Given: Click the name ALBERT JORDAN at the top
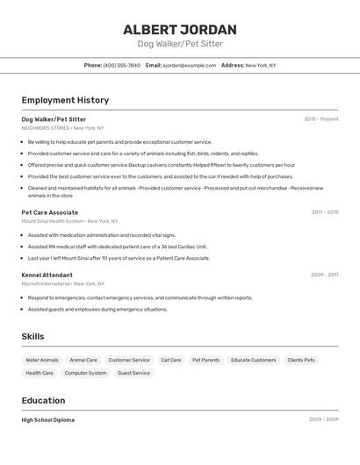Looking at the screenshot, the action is [x=180, y=29].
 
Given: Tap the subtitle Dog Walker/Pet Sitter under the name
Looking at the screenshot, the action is [x=180, y=44].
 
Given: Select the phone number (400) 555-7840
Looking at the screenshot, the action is [x=122, y=65].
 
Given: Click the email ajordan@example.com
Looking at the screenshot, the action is [x=189, y=65].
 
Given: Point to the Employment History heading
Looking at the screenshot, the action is [x=65, y=100].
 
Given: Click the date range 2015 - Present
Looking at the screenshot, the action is [x=321, y=118].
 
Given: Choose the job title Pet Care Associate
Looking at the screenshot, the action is [x=50, y=212].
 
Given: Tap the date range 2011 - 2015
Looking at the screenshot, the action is [x=325, y=212].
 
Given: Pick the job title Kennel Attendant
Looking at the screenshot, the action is [x=47, y=275].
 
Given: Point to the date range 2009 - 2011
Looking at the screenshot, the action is [x=325, y=275].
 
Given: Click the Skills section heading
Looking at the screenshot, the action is [x=32, y=336].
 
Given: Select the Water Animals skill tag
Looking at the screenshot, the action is [x=42, y=360].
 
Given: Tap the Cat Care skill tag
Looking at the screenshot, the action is [x=170, y=360].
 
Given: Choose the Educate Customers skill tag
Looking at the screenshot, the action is [x=254, y=360].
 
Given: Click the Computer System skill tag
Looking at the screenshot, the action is [x=85, y=373].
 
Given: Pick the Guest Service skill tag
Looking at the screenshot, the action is [x=133, y=373].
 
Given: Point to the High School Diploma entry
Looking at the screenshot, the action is [x=48, y=420].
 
